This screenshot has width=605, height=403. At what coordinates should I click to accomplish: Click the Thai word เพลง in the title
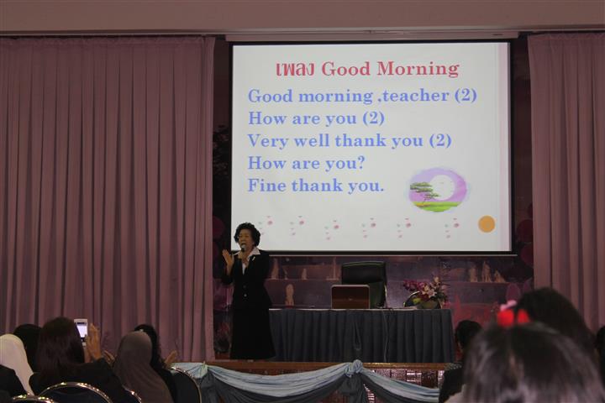[x=297, y=70]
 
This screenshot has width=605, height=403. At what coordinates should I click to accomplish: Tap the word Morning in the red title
[x=418, y=69]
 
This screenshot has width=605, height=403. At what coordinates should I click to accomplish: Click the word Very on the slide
[x=268, y=142]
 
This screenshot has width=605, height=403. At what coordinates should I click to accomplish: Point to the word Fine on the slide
[x=266, y=185]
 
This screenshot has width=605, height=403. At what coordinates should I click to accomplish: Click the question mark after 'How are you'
[x=360, y=163]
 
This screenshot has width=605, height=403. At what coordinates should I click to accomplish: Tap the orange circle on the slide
[x=487, y=224]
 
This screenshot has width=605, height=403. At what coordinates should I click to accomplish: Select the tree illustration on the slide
[x=425, y=194]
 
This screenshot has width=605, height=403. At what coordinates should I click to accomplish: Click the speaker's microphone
[x=243, y=251]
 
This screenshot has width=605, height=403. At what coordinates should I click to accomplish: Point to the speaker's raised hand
[x=227, y=259]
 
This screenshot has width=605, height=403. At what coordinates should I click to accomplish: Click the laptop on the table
[x=350, y=296]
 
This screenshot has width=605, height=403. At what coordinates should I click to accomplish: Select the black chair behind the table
[x=364, y=281]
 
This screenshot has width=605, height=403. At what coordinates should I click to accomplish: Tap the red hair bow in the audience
[x=512, y=313]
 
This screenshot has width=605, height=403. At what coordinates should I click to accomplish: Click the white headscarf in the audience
[x=14, y=359]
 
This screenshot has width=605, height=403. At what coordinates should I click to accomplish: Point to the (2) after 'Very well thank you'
[x=440, y=140]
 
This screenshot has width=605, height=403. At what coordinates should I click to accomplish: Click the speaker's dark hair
[x=247, y=232]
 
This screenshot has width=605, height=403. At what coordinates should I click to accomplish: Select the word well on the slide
[x=312, y=141]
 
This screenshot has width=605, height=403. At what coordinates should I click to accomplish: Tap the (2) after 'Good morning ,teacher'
[x=466, y=95]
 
